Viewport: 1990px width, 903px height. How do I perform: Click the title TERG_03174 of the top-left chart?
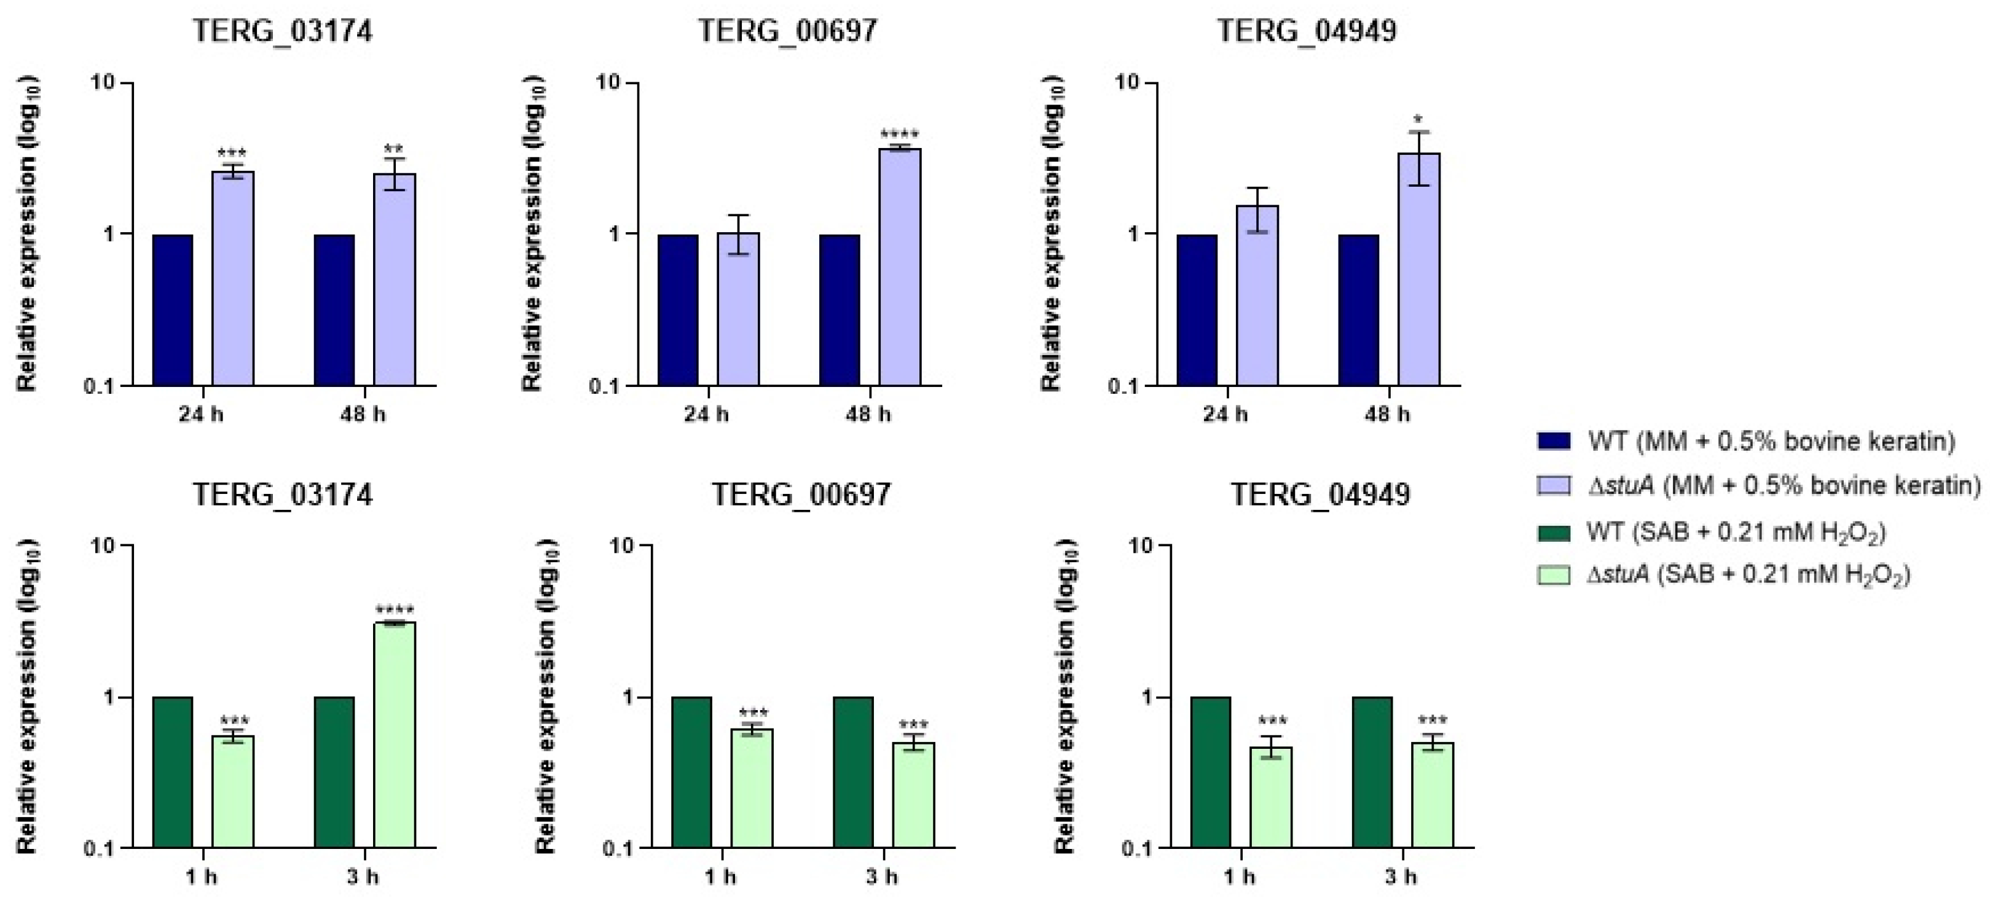[283, 31]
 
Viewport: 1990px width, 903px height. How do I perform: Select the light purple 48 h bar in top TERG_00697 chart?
[899, 267]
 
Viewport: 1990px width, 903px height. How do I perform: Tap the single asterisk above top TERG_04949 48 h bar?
[1418, 120]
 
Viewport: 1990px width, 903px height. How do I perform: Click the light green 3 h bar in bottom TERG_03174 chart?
[394, 734]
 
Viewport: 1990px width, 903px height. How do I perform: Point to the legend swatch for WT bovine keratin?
[1554, 441]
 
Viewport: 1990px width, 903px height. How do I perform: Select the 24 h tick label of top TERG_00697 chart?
[706, 415]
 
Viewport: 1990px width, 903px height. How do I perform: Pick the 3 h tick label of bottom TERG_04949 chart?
[1401, 877]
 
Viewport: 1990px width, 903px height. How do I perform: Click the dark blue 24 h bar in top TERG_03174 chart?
[172, 309]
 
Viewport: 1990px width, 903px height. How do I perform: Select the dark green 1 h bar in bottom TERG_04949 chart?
[1211, 772]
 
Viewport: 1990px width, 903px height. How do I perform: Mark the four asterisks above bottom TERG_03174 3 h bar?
[394, 609]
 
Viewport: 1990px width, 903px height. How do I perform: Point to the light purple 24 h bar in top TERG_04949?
[1257, 295]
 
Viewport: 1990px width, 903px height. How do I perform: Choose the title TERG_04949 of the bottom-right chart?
[1320, 495]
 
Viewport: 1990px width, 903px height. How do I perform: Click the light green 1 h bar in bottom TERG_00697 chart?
[752, 788]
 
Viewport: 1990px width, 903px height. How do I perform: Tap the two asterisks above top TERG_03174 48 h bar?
[394, 149]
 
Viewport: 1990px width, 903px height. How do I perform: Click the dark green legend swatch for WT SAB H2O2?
[1554, 532]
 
